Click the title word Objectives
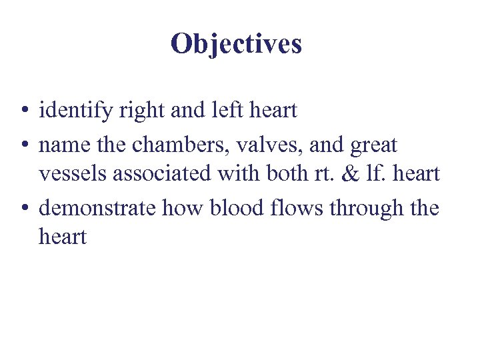(236, 44)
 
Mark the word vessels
(73, 175)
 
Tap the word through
(366, 209)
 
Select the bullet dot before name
(23, 144)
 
